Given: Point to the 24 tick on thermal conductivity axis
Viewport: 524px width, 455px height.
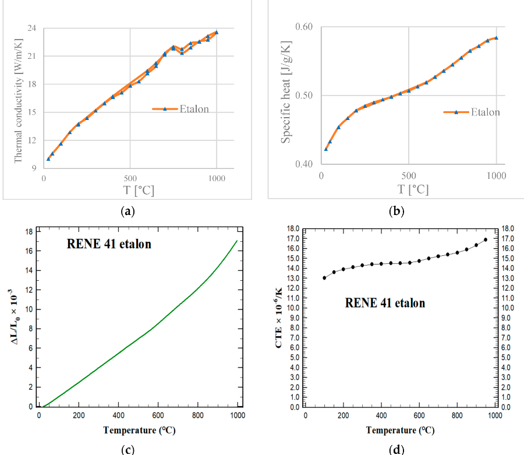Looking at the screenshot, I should point(31,28).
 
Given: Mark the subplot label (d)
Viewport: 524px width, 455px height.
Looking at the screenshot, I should point(397,449).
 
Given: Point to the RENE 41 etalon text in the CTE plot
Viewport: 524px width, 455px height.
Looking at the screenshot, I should point(385,303).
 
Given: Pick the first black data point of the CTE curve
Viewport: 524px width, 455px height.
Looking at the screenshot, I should point(324,278).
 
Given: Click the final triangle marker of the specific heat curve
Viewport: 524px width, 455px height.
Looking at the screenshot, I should point(496,38).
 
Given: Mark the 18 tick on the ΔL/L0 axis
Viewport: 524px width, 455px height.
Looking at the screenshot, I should point(29,232).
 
